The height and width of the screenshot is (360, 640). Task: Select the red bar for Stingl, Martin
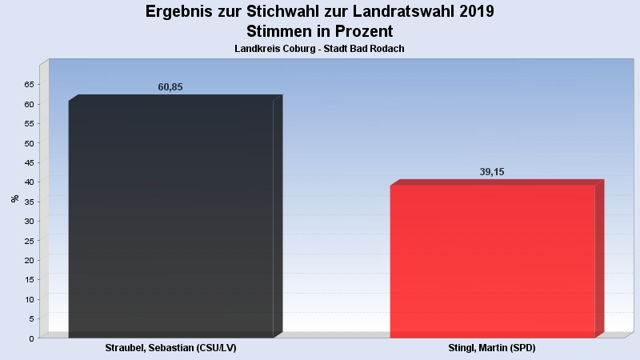point(492,261)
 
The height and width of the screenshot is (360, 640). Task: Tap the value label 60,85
point(170,87)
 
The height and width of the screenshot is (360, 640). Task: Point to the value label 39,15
point(492,172)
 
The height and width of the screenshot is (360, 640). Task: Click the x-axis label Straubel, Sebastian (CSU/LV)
point(170,349)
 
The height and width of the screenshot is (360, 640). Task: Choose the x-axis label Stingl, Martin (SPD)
point(492,349)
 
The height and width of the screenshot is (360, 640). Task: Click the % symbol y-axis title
point(14,198)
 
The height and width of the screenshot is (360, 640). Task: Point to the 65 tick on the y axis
point(29,85)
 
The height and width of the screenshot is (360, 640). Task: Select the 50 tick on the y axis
point(29,143)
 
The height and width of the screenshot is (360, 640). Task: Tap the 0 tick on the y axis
point(31,338)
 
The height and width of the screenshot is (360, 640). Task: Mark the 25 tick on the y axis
point(29,241)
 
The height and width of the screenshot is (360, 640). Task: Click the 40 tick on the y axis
point(29,182)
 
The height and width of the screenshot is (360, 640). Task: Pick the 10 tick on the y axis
point(29,299)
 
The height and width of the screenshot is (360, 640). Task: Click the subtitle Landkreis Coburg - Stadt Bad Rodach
point(319,49)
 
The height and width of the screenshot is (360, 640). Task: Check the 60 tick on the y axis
point(29,104)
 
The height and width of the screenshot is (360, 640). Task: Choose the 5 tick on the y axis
point(31,319)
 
